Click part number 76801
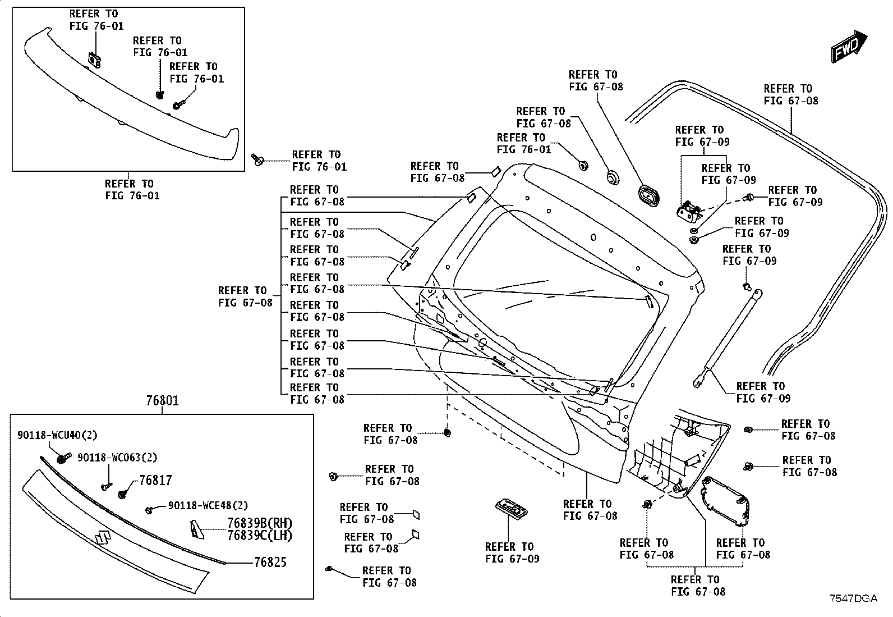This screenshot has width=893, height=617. click(162, 400)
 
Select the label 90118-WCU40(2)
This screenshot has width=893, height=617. click(57, 435)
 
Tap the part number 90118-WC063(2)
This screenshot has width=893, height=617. click(117, 458)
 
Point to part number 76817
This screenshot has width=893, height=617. click(155, 480)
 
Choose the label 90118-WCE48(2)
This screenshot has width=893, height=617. click(208, 505)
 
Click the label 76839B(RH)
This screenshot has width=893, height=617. click(260, 523)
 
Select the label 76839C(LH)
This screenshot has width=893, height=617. click(260, 535)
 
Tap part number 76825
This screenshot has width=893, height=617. click(270, 562)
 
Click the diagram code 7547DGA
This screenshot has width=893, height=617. click(854, 598)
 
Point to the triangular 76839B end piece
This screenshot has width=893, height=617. click(196, 529)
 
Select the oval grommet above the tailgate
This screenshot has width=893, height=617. click(648, 195)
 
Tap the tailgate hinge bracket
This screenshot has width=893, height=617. click(689, 211)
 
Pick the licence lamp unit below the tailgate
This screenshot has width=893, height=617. click(511, 509)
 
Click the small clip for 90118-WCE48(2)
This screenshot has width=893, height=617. click(149, 510)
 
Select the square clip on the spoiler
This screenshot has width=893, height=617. click(94, 60)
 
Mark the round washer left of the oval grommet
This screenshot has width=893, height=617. click(613, 177)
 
